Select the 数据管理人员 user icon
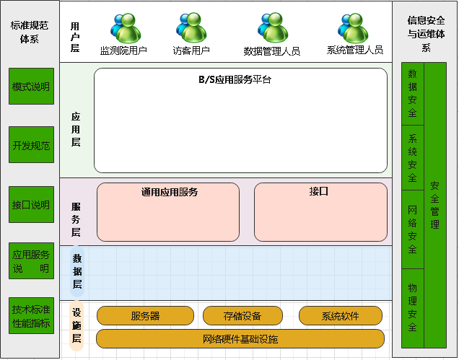273,27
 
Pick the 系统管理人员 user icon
354,27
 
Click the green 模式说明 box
31,87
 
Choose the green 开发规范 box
31,145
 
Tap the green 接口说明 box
31,205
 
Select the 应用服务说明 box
31,262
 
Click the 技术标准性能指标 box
31,316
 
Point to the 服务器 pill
145,316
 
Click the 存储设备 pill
242,316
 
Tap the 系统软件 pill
340,316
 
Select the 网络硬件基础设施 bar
240,339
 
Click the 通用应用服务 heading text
170,193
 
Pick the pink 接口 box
318,212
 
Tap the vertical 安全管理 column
434,206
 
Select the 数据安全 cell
412,94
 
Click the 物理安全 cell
412,308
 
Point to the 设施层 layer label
76,326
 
